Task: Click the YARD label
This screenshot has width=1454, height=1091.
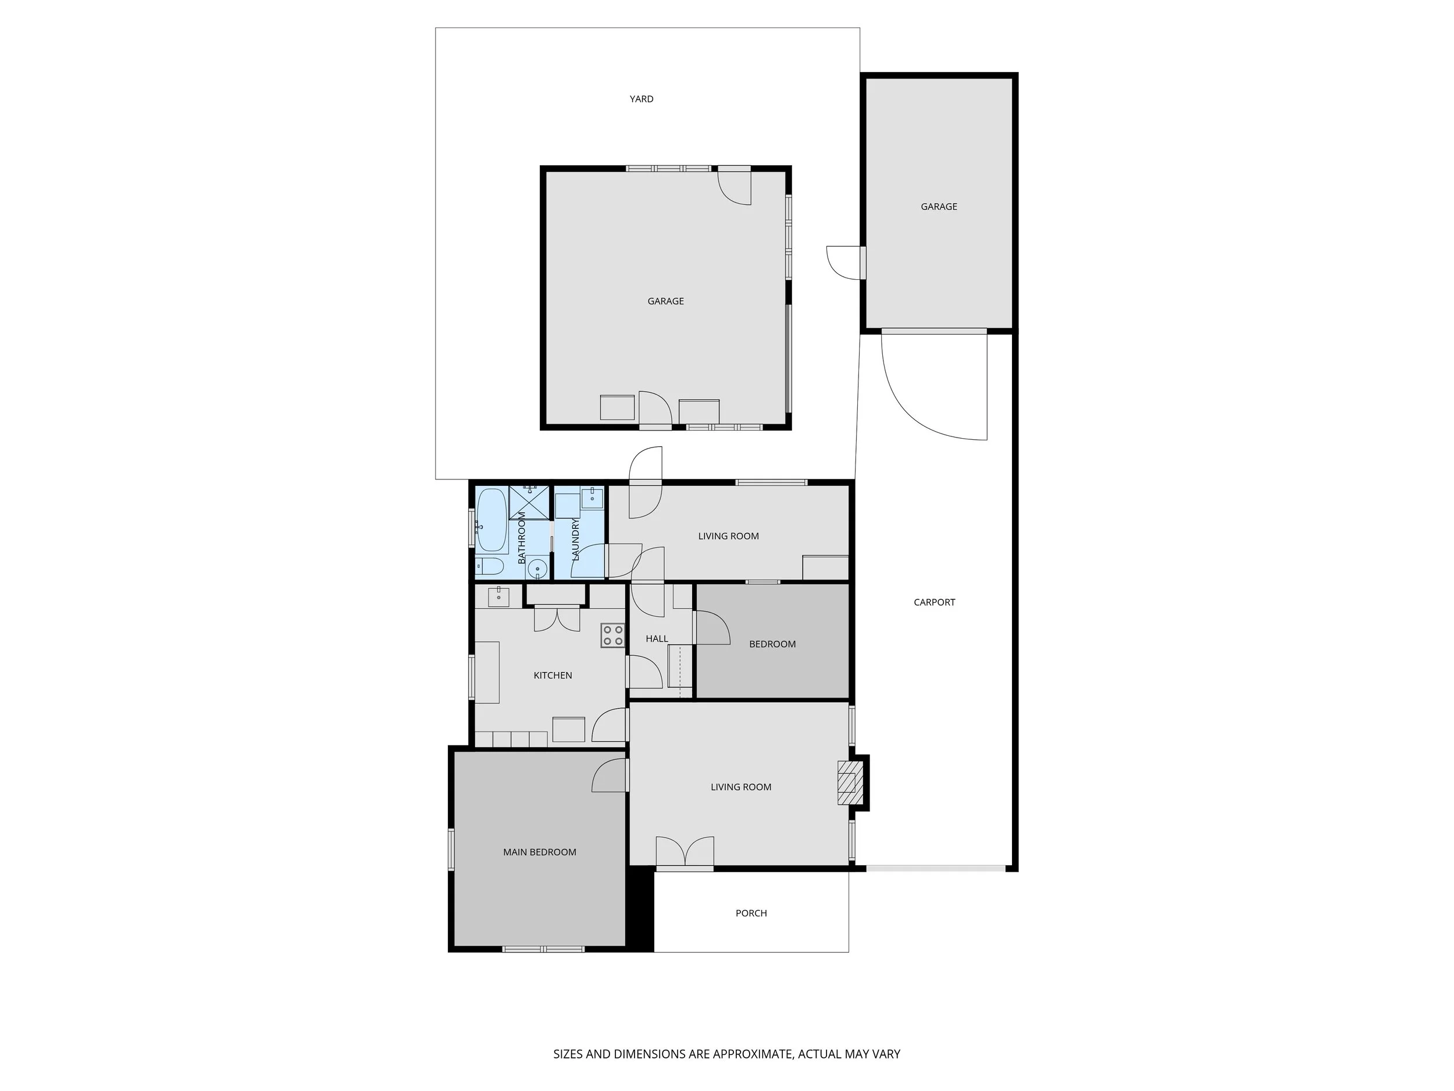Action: click(x=641, y=99)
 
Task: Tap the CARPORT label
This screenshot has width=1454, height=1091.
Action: click(x=933, y=602)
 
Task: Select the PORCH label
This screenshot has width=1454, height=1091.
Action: click(x=751, y=914)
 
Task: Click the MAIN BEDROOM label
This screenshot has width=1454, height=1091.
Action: click(x=539, y=852)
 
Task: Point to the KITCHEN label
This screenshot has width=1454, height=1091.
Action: click(x=552, y=676)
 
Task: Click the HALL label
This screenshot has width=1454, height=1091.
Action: click(x=656, y=638)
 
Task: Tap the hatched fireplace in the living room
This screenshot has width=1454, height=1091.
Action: click(x=847, y=783)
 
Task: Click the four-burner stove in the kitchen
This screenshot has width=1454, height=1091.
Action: click(x=612, y=635)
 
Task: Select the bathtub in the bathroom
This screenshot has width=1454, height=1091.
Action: click(x=491, y=520)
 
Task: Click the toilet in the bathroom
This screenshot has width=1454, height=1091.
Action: click(x=489, y=566)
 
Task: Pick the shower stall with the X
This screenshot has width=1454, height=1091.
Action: click(x=529, y=502)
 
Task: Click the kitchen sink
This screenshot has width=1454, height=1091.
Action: click(x=498, y=597)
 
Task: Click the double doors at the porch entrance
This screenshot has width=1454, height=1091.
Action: click(x=685, y=852)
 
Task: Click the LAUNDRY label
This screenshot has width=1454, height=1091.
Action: click(x=575, y=539)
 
